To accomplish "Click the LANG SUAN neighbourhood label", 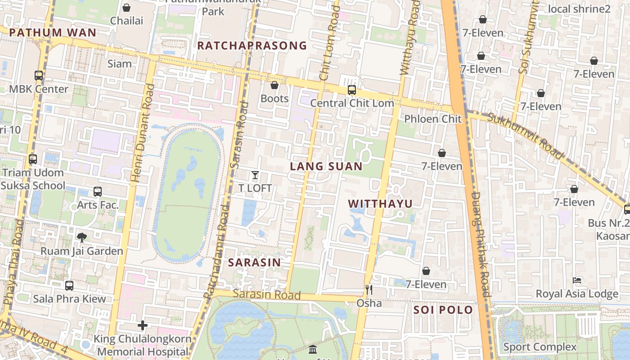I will point(326,166).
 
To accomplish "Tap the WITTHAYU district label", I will point(380,203).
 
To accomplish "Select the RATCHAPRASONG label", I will point(252,45).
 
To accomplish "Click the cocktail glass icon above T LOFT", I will point(255,175).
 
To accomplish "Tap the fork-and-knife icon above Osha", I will point(369,289).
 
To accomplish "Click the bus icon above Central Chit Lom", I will point(352,90).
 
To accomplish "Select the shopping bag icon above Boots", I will point(274,85).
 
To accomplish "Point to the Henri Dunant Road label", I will point(143,133).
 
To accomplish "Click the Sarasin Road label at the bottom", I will point(266,295).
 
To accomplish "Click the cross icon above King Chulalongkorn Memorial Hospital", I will point(143,325).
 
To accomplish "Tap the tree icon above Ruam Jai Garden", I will point(82,237).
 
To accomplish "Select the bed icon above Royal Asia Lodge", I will point(577,280).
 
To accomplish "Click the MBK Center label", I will point(39,89).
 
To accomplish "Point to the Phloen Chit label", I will point(433,119).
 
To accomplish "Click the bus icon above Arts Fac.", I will point(98,192).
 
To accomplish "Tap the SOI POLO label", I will point(443,310).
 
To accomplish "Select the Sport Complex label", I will point(540,346).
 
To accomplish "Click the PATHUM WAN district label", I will point(52,32).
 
